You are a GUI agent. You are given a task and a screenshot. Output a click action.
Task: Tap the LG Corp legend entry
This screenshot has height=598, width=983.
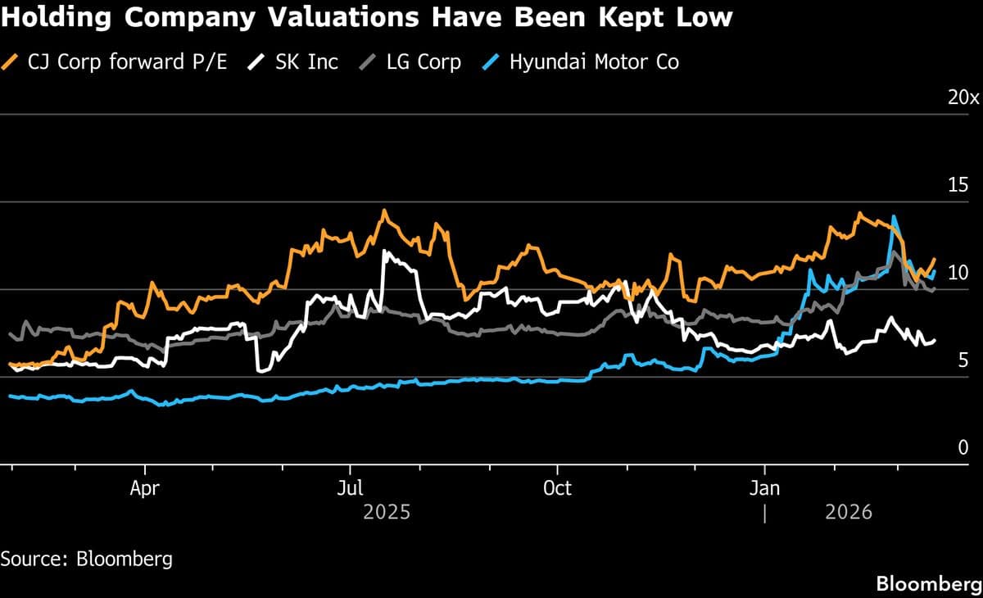pyautogui.click(x=423, y=61)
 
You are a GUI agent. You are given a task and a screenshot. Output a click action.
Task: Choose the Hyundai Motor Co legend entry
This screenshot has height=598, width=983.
pyautogui.click(x=594, y=61)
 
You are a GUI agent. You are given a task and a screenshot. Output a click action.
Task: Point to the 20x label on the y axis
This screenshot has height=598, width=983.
pyautogui.click(x=963, y=97)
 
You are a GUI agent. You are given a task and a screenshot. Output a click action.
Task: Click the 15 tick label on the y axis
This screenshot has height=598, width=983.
pyautogui.click(x=958, y=184)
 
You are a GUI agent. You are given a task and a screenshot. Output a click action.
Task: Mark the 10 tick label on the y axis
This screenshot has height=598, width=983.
pyautogui.click(x=958, y=273)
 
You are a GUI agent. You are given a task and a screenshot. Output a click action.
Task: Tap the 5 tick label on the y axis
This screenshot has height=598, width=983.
pyautogui.click(x=963, y=360)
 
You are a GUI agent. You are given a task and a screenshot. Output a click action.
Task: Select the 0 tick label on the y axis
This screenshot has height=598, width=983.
pyautogui.click(x=963, y=448)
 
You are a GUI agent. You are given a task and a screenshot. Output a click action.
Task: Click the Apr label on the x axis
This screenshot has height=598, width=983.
pyautogui.click(x=144, y=489)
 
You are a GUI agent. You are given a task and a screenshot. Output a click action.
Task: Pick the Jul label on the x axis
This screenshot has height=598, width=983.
pyautogui.click(x=351, y=489)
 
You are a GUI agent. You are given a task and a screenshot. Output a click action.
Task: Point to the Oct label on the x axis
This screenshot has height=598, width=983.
pyautogui.click(x=557, y=489)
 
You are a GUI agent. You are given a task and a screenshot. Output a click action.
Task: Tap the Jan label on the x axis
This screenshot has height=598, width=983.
pyautogui.click(x=764, y=489)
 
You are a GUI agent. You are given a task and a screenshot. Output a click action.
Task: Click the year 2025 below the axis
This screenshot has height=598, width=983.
pyautogui.click(x=386, y=514)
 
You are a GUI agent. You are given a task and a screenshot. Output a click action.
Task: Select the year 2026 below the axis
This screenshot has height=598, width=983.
pyautogui.click(x=849, y=514)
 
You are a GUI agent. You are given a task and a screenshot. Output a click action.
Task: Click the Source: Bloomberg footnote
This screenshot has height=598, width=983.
pyautogui.click(x=87, y=559)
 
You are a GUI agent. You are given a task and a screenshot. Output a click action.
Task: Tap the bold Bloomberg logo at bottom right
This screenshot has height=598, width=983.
pyautogui.click(x=929, y=584)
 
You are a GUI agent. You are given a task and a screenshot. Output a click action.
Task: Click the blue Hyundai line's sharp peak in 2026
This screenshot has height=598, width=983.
pyautogui.click(x=894, y=217)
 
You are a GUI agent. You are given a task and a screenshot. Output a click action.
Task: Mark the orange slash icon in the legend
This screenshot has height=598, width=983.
pyautogui.click(x=11, y=61)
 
